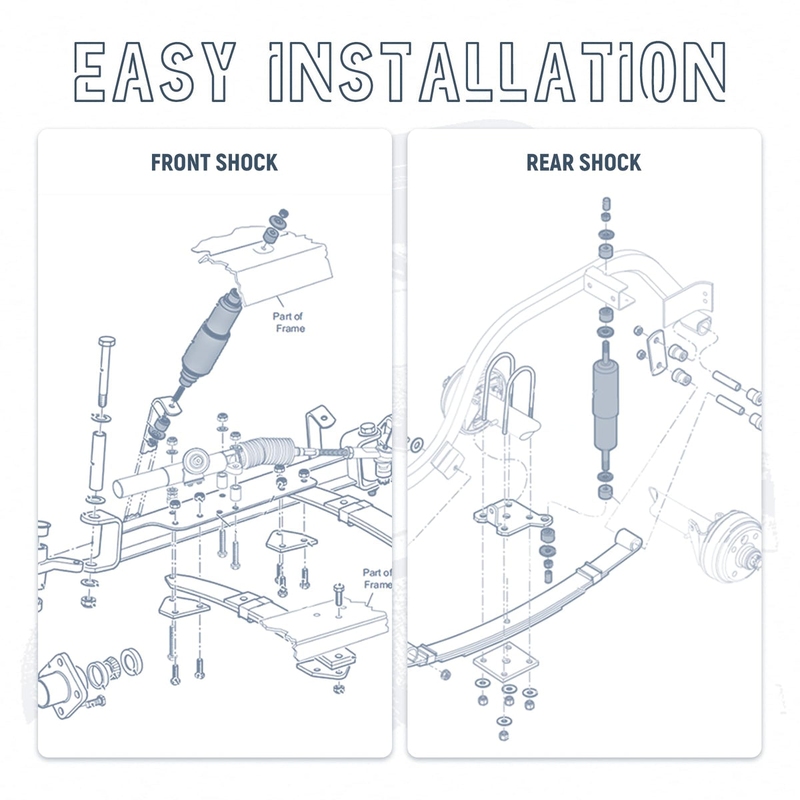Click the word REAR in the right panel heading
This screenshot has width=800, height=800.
tap(549, 162)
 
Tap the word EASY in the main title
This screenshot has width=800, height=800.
tap(155, 71)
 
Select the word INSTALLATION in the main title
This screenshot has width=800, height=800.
tap(497, 71)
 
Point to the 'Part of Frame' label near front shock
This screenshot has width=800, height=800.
tap(289, 322)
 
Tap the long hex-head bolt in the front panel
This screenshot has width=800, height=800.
tap(106, 371)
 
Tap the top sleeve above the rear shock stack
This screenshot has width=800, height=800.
tap(606, 204)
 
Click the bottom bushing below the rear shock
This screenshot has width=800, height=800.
tap(605, 491)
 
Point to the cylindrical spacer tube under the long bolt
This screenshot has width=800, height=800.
tap(98, 461)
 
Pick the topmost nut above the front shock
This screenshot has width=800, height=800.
tap(283, 213)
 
